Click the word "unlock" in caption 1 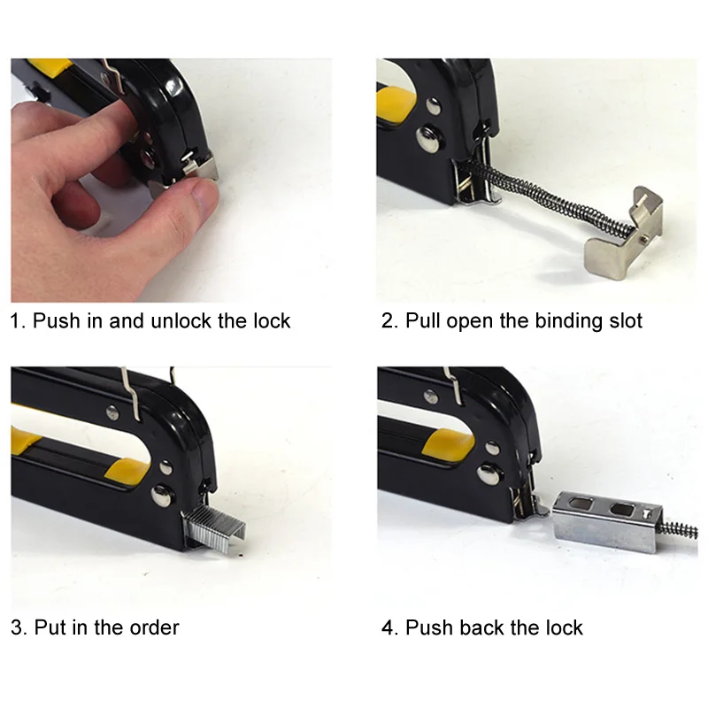[x=181, y=321]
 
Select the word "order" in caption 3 [x=154, y=628]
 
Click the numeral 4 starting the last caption [x=389, y=628]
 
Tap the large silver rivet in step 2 [x=428, y=140]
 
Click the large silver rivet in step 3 [x=162, y=495]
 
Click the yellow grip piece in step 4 [x=447, y=442]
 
